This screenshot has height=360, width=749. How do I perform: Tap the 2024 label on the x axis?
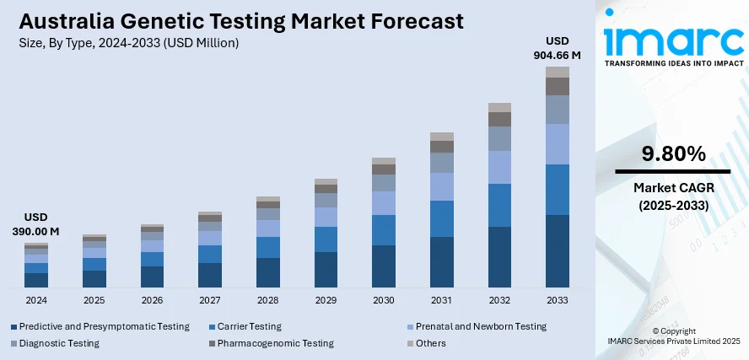point(36,300)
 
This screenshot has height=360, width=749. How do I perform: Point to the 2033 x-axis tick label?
point(558,300)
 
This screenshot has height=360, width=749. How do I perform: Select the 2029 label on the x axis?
point(326,300)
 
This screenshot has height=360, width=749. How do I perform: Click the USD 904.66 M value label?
point(558,48)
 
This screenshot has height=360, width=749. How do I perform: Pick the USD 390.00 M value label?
point(36,223)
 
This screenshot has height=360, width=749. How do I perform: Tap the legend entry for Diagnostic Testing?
point(59,343)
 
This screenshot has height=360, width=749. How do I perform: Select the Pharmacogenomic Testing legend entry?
point(275,343)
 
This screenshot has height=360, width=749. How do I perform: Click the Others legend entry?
point(430,343)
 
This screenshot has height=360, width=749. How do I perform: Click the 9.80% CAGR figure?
point(672,153)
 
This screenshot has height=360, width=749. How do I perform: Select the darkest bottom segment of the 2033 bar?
point(558,251)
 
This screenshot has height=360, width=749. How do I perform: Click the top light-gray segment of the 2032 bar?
point(499,107)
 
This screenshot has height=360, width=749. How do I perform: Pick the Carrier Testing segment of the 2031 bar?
point(442,218)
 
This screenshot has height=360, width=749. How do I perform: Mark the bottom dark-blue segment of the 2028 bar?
point(268,272)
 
